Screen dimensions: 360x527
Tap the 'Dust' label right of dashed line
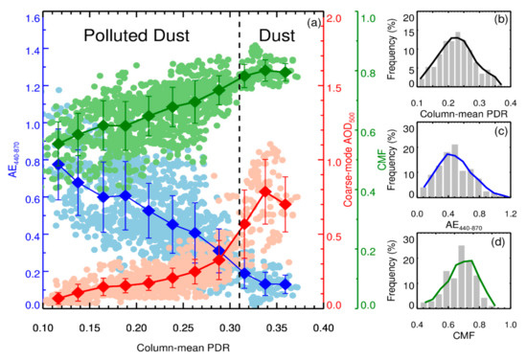[x=273, y=35]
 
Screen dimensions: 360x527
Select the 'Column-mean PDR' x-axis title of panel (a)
[x=182, y=345]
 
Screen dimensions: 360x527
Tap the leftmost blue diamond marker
[x=58, y=164]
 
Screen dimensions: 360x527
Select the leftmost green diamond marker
[x=58, y=144]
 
